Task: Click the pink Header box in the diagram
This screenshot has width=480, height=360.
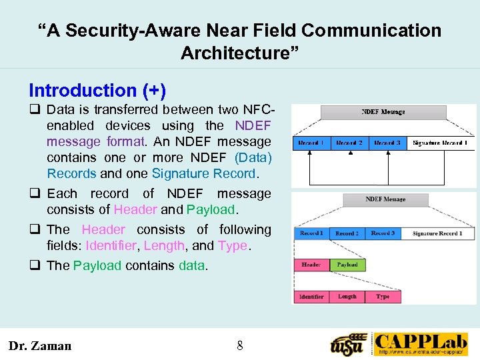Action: [x=311, y=265]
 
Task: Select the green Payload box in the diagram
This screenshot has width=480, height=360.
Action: [x=347, y=265]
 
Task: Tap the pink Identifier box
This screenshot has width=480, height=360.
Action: [x=311, y=297]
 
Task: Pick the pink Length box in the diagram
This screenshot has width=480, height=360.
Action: [x=347, y=297]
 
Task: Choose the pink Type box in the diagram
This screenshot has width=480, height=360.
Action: [x=383, y=297]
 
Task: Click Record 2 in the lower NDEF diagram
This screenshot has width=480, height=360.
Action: [x=347, y=233]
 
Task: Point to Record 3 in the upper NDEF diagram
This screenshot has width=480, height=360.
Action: [x=387, y=143]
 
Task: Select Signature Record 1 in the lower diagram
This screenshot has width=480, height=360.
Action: [x=437, y=233]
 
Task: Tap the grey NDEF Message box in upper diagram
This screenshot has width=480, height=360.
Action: [x=383, y=112]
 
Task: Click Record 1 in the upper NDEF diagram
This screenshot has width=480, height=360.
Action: [x=311, y=143]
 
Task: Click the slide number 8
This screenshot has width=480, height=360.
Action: [x=240, y=345]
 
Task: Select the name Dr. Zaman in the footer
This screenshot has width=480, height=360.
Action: [x=39, y=345]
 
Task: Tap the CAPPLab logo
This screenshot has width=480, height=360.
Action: [x=420, y=344]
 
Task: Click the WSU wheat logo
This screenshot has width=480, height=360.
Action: [x=349, y=344]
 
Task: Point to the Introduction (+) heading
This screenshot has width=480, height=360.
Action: [x=97, y=91]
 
